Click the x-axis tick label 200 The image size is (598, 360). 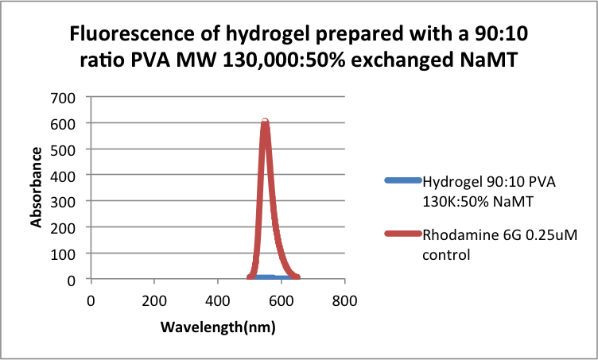coord(154,301)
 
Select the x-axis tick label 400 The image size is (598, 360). coord(218,301)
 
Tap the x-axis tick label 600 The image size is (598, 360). coord(282,301)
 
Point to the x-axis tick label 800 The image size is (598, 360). coord(344,301)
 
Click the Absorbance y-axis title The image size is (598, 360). coord(37,188)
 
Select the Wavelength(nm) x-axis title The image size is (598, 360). coord(217,327)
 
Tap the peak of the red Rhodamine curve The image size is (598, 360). coord(266,122)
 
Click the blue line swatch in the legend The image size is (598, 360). coord(402,180)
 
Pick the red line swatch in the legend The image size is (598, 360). coord(402,234)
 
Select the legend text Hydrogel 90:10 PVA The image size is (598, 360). coord(489,180)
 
